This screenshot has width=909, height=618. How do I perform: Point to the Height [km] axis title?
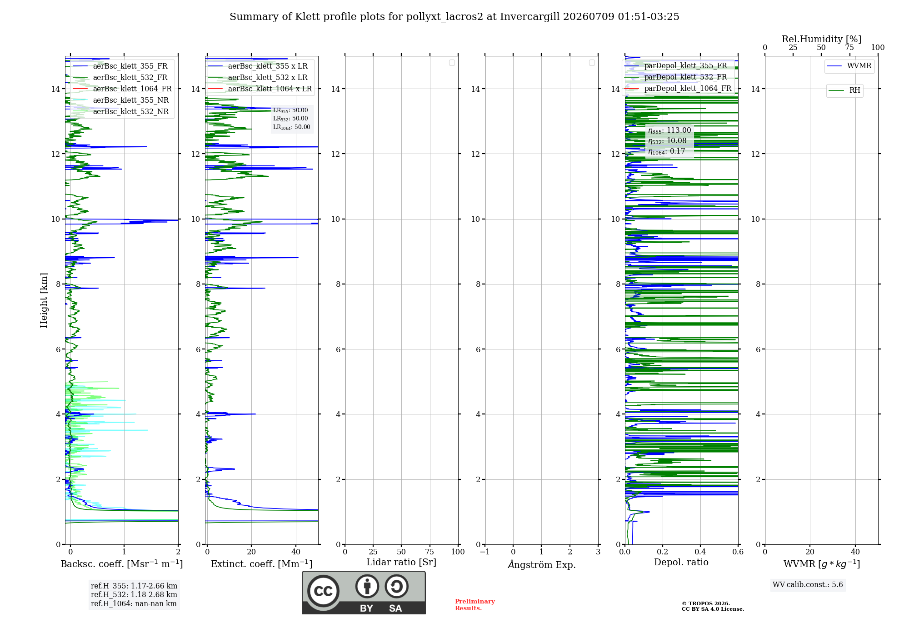coord(44,300)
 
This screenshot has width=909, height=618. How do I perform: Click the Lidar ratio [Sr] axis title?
coord(401,562)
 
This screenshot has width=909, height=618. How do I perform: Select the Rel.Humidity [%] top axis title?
coord(821,39)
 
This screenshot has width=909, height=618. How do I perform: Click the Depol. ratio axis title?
coord(681,562)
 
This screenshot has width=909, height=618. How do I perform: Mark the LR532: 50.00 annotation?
coord(290,119)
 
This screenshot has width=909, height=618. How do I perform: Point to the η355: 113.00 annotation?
coord(669,130)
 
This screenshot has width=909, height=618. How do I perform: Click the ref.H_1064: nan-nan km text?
coord(134,603)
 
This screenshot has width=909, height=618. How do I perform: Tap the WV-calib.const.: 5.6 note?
coord(808,584)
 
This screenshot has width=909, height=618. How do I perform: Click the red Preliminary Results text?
coord(475,605)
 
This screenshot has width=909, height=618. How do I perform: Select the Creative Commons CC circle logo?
coord(323,591)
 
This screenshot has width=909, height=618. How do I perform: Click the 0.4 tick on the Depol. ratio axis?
coord(700,552)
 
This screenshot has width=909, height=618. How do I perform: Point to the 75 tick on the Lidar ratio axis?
coord(430,552)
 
